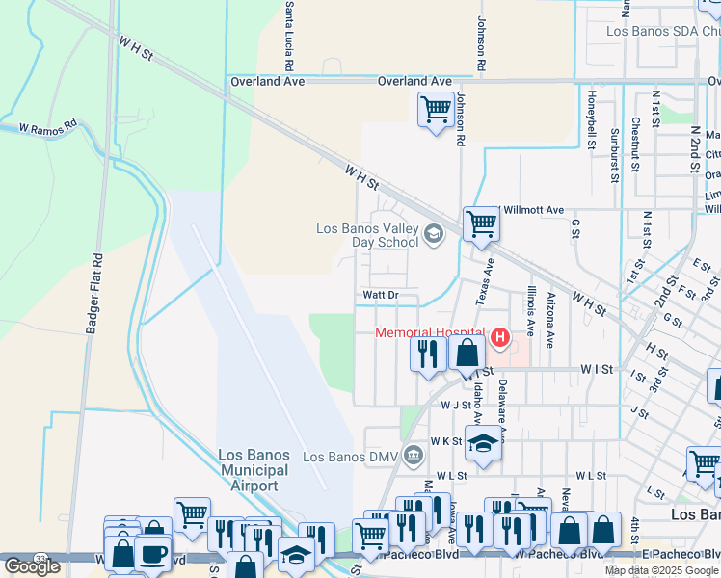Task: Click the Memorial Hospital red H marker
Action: tap(500, 336)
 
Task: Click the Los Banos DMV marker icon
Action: tap(414, 455)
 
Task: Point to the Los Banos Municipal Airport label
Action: tap(254, 470)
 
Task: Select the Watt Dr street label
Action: tap(380, 295)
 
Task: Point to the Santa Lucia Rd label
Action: tap(289, 27)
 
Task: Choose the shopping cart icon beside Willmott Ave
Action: tap(480, 223)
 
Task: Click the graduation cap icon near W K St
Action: tap(484, 443)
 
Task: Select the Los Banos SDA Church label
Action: tap(662, 31)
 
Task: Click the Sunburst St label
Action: tap(614, 154)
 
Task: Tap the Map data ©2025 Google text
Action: tap(660, 570)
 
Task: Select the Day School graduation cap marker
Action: tap(434, 231)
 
